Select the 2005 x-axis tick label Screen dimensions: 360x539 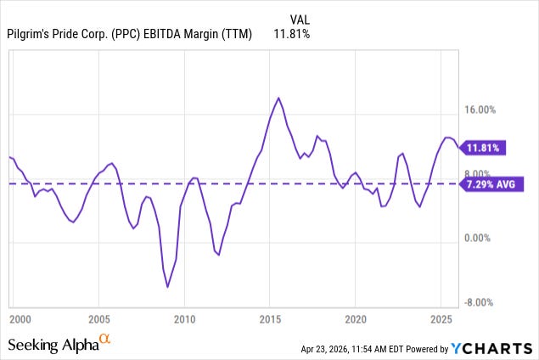tap(99, 319)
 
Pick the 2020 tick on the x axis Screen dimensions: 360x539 tap(356, 319)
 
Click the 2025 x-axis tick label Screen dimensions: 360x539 tap(441, 319)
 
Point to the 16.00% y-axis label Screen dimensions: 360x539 tap(487, 110)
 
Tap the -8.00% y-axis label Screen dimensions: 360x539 tap(488, 302)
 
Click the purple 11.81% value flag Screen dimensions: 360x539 tap(485, 148)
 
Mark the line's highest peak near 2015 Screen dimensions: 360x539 tap(278, 98)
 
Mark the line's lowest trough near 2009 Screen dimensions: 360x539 tap(167, 287)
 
